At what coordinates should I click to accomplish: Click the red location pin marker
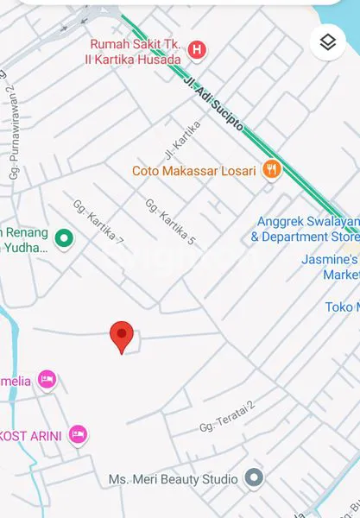click(123, 335)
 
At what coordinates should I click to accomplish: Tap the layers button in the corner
click(327, 41)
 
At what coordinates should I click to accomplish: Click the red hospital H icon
click(197, 51)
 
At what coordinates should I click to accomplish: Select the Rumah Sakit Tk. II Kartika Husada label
click(136, 52)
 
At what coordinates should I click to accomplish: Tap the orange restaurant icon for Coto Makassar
click(272, 170)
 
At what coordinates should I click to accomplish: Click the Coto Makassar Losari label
click(193, 171)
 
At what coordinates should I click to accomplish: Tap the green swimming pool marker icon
click(63, 238)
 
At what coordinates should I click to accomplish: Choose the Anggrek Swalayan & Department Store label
click(305, 229)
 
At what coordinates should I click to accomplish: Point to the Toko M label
click(342, 307)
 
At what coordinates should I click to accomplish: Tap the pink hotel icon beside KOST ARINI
click(79, 433)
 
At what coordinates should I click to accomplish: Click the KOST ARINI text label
click(30, 436)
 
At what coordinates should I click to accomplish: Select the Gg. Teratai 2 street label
click(228, 416)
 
